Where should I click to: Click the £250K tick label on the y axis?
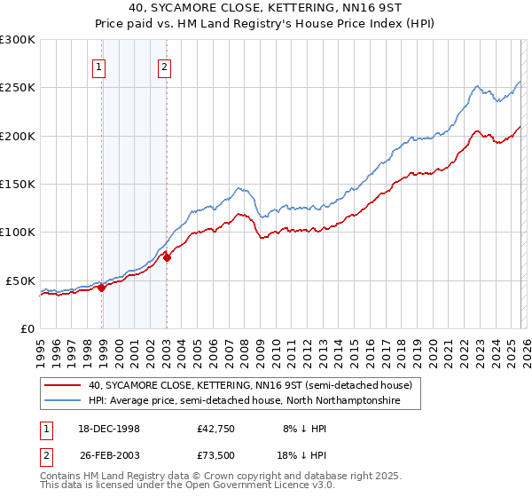point(18,88)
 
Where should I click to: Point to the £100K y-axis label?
point(18,232)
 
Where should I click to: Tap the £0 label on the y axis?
point(27,328)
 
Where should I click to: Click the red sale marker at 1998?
point(102,287)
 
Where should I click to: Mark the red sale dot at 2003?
point(168,258)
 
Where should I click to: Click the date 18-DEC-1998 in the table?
point(104,429)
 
